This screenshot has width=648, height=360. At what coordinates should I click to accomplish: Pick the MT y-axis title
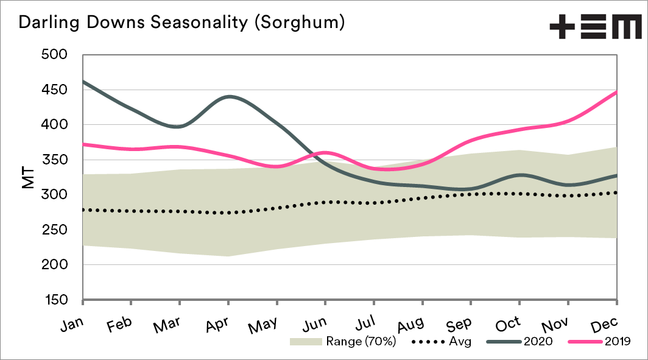tap(27, 177)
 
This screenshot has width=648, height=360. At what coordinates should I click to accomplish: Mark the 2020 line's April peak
tap(228, 96)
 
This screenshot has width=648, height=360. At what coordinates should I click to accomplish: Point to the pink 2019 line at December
tap(616, 93)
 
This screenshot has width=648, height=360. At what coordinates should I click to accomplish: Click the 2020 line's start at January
tap(83, 81)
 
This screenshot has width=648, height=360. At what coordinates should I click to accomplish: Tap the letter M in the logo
tap(625, 28)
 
